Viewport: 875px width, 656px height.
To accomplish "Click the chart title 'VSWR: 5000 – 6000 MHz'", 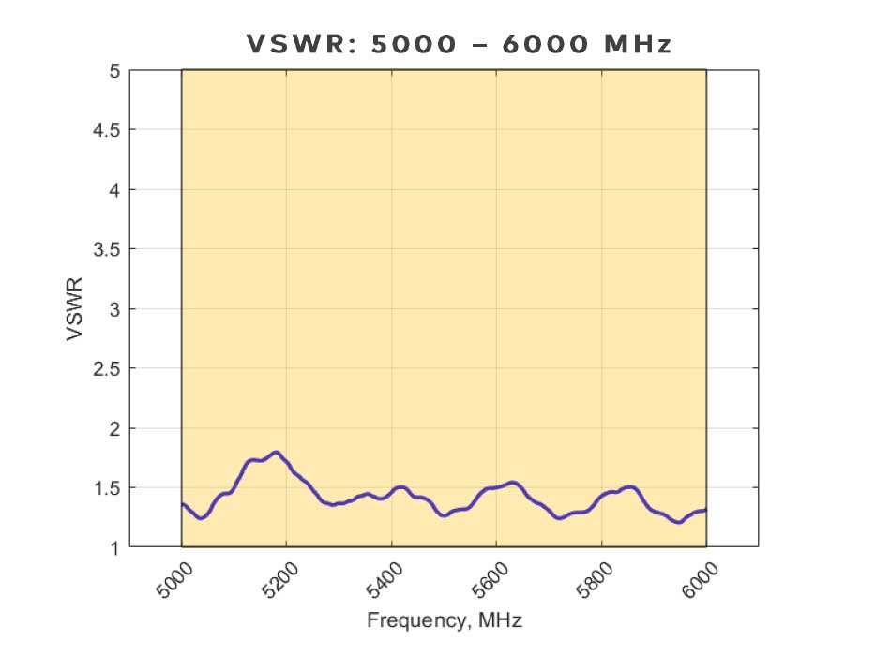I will pyautogui.click(x=460, y=44).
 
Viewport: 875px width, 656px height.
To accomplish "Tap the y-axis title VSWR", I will pyautogui.click(x=77, y=308).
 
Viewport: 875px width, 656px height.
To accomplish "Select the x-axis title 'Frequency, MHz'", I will pyautogui.click(x=445, y=620).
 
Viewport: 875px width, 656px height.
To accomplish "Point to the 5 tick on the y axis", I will pyautogui.click(x=114, y=70).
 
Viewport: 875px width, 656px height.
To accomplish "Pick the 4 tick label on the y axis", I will pyautogui.click(x=114, y=189).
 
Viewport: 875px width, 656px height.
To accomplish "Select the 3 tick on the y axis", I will pyautogui.click(x=114, y=308).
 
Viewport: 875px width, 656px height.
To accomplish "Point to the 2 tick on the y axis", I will pyautogui.click(x=114, y=428).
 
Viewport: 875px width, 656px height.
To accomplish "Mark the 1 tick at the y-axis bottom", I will pyautogui.click(x=114, y=547).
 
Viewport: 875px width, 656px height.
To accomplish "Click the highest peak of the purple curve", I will pyautogui.click(x=276, y=453).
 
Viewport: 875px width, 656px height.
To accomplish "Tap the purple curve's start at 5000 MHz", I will pyautogui.click(x=182, y=504).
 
